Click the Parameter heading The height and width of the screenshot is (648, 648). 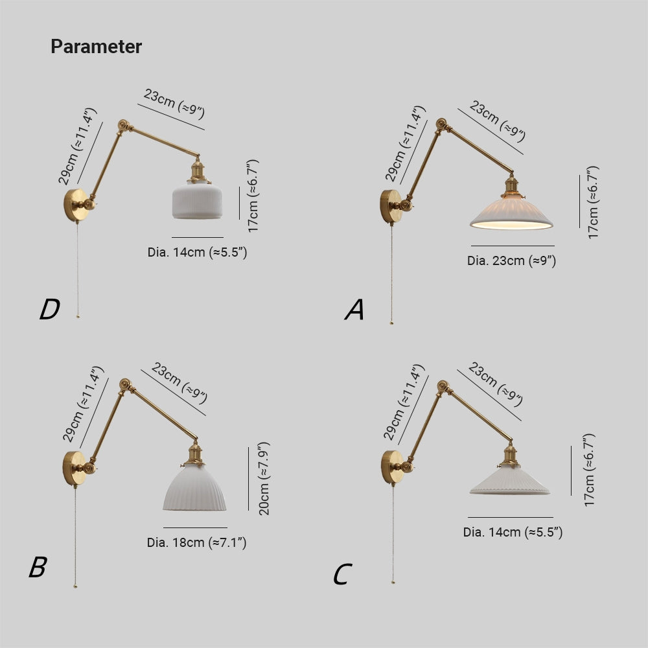[x=97, y=47]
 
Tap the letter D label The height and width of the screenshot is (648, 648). [x=50, y=309]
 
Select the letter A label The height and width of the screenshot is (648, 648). [x=354, y=310]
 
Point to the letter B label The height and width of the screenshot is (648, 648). [x=38, y=567]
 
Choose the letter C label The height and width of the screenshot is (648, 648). [x=343, y=574]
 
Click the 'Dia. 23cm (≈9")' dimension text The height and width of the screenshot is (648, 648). [x=512, y=260]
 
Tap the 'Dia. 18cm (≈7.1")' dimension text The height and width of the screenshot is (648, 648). [x=197, y=542]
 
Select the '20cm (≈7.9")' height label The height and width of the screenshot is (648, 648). [x=264, y=479]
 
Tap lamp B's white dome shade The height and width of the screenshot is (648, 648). [x=194, y=488]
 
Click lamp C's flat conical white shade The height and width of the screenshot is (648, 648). [x=510, y=482]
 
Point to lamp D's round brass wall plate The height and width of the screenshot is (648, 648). [x=75, y=205]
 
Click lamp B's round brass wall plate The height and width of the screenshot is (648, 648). [x=74, y=469]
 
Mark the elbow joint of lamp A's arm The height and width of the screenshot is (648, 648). [x=441, y=124]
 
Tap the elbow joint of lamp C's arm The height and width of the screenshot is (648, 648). [x=443, y=386]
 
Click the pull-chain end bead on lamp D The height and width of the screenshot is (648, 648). [x=78, y=317]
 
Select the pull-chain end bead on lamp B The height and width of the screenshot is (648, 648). [x=75, y=586]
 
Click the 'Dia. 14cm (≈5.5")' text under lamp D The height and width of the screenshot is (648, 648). [x=197, y=252]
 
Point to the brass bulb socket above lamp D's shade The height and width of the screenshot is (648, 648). [x=198, y=170]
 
